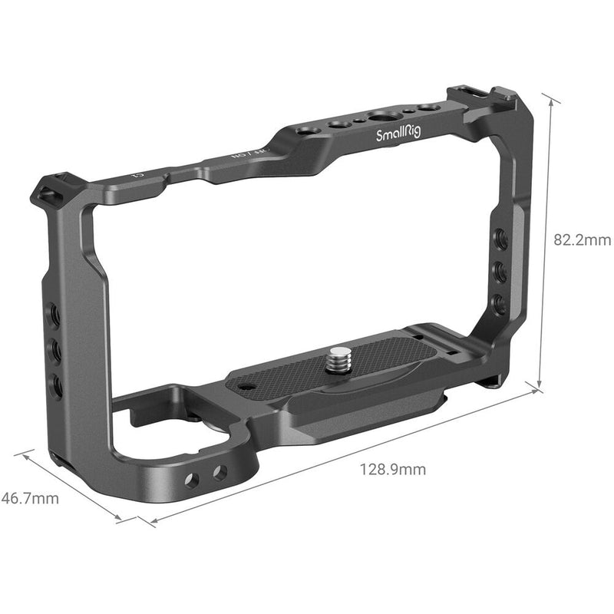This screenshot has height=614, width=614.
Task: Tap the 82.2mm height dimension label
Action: pyautogui.click(x=582, y=240)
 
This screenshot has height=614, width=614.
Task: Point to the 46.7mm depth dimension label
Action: pyautogui.click(x=29, y=499)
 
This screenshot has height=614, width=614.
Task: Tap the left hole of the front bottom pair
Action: pyautogui.click(x=192, y=480)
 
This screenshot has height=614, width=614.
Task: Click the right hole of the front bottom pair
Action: pyautogui.click(x=220, y=473)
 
